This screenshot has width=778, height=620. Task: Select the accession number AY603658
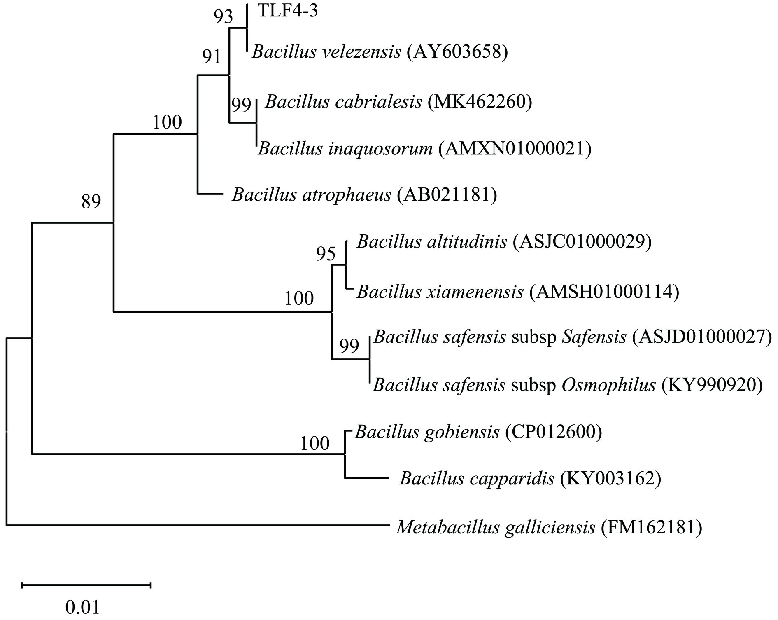point(457,52)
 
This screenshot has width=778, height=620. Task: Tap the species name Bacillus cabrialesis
point(343,102)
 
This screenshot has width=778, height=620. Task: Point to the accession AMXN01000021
point(515,149)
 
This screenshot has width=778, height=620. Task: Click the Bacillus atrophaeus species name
point(311,194)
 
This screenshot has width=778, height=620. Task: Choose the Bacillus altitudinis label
point(432,241)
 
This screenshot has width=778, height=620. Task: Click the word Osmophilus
point(608,385)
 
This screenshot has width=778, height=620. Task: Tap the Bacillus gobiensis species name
point(427,432)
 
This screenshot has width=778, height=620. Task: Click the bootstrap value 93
point(223,17)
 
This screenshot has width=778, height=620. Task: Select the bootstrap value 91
point(212,57)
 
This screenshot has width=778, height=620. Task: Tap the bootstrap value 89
point(91,202)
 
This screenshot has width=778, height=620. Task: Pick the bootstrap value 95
point(326,254)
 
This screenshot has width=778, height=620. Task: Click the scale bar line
point(86,585)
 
